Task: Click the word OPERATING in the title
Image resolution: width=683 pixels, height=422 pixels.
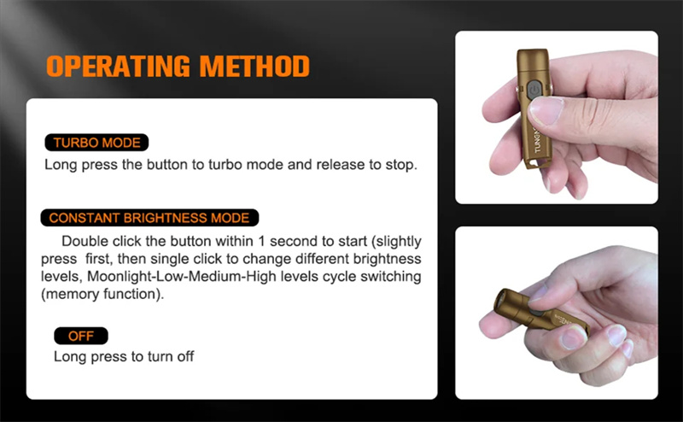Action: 118,67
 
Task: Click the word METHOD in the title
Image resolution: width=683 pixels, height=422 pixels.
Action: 254,67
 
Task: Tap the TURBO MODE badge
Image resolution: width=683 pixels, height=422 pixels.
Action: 96,143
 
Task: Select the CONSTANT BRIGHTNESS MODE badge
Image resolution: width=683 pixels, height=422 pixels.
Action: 149,218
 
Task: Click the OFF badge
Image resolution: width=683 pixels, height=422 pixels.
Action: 81,336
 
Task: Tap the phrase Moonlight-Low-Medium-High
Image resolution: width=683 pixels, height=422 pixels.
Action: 182,277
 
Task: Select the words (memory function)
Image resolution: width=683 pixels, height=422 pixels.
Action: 102,294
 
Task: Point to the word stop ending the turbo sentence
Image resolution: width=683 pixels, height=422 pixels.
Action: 400,165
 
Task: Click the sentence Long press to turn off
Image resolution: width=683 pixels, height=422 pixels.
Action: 124,356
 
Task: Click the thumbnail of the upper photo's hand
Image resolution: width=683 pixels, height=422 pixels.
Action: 546,111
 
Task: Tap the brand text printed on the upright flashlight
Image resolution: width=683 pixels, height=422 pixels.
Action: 537,139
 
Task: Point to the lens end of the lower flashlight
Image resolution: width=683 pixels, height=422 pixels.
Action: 500,301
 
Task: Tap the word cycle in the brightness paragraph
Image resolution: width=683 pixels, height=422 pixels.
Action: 339,277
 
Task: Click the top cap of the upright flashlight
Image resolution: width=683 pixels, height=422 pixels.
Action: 533,58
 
